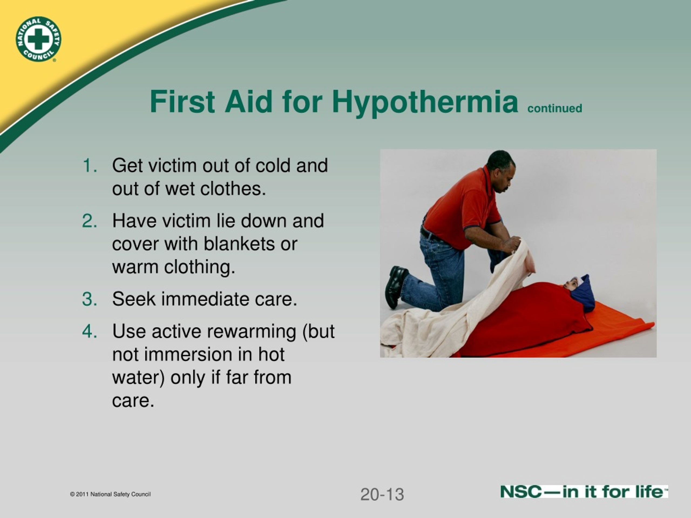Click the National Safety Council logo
[x=38, y=39]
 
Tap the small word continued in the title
[x=555, y=108]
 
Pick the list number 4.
[x=90, y=331]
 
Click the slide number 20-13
[x=382, y=495]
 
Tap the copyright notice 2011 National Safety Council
[x=110, y=494]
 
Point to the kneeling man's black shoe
[x=396, y=286]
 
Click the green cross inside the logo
[x=38, y=39]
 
